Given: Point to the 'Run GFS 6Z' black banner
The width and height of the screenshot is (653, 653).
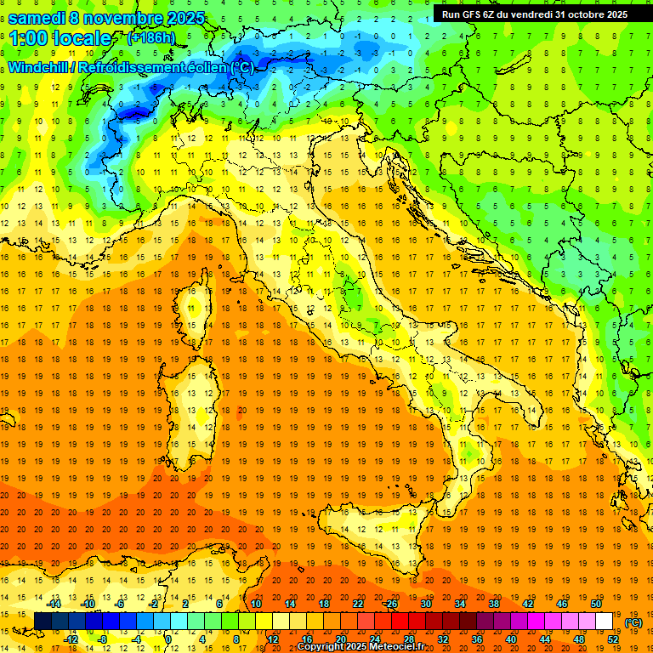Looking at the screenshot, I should (x=534, y=14).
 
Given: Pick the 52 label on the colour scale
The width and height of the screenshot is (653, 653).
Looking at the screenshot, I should (x=613, y=639).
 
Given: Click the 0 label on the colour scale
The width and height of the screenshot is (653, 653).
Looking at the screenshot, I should (x=168, y=639).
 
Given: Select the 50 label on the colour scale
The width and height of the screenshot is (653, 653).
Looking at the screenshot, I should (x=595, y=604).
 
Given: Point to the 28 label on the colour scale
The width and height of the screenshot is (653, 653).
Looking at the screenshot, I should (x=408, y=639).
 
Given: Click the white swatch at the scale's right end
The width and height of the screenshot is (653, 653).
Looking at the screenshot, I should (x=604, y=622).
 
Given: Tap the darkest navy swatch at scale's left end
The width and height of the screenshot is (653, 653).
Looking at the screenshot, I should (x=43, y=622).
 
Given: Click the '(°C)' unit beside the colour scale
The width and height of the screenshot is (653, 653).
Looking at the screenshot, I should (x=633, y=622).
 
